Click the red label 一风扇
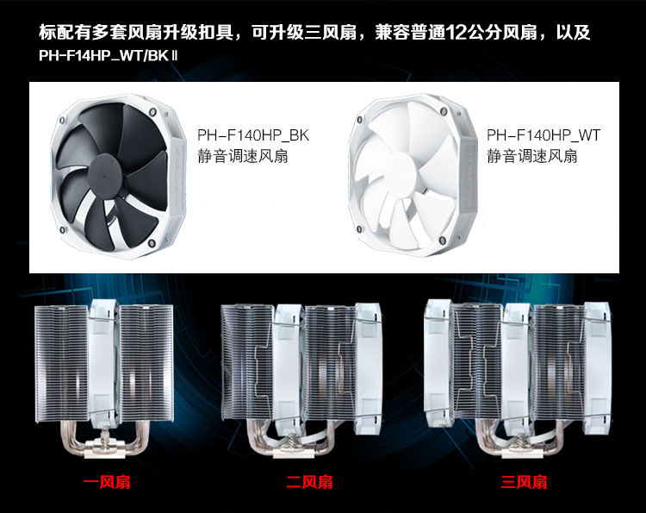tap(107, 482)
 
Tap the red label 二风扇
tap(309, 482)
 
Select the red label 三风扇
tap(524, 482)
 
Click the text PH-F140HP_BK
tap(253, 135)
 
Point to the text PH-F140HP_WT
tap(544, 135)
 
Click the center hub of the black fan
tap(104, 175)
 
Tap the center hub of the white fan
tap(401, 170)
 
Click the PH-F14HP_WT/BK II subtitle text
tap(108, 55)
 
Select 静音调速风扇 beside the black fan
tap(243, 157)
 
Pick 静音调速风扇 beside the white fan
tap(532, 157)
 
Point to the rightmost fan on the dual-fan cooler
tap(369, 369)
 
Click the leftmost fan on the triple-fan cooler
tap(438, 363)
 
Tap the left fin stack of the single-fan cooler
tap(62, 364)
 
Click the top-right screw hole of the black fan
tap(152, 112)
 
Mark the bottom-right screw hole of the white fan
tap(444, 241)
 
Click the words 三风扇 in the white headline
tap(331, 33)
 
